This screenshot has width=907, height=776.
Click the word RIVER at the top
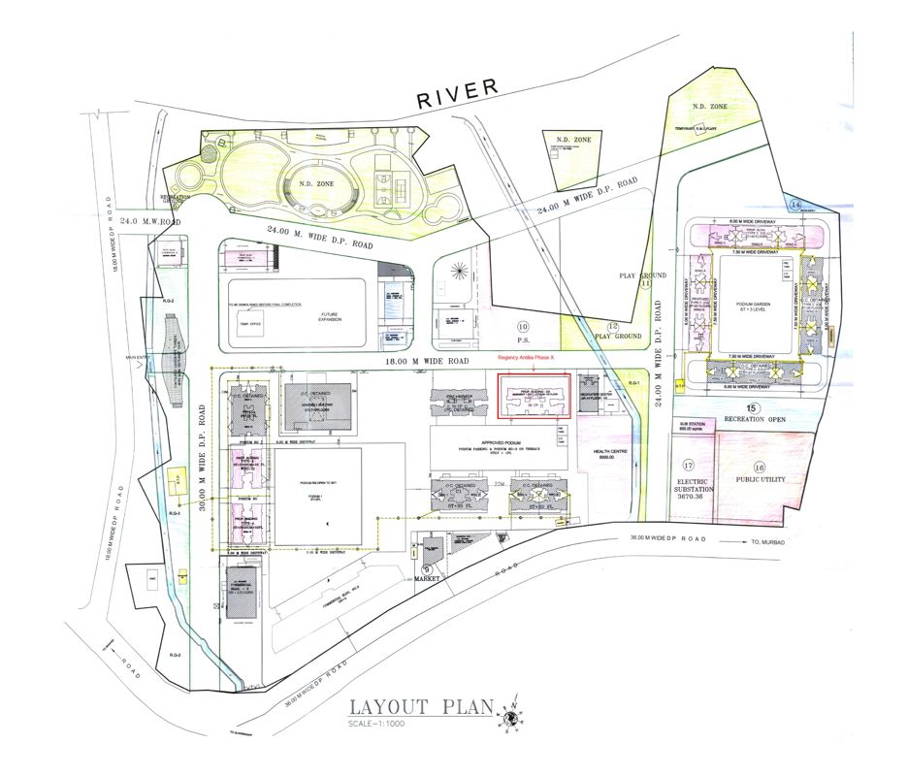(457, 93)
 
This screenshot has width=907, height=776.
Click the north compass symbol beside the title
(511, 715)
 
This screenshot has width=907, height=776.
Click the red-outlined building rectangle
(534, 397)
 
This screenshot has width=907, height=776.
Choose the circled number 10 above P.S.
(523, 326)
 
